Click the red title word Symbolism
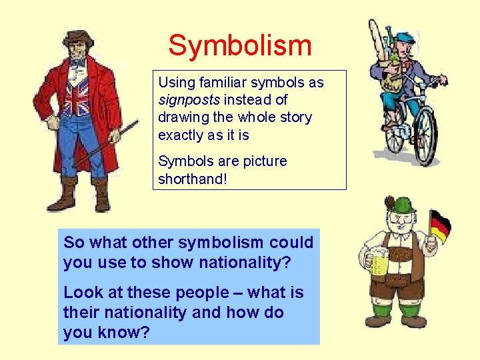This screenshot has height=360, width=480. click(x=240, y=45)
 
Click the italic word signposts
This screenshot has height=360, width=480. click(x=189, y=100)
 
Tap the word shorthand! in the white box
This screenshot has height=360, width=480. click(x=193, y=179)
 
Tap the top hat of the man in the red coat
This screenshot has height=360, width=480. click(x=78, y=36)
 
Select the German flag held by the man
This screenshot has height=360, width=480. click(x=440, y=227)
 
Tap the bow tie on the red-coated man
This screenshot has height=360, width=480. click(x=78, y=63)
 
